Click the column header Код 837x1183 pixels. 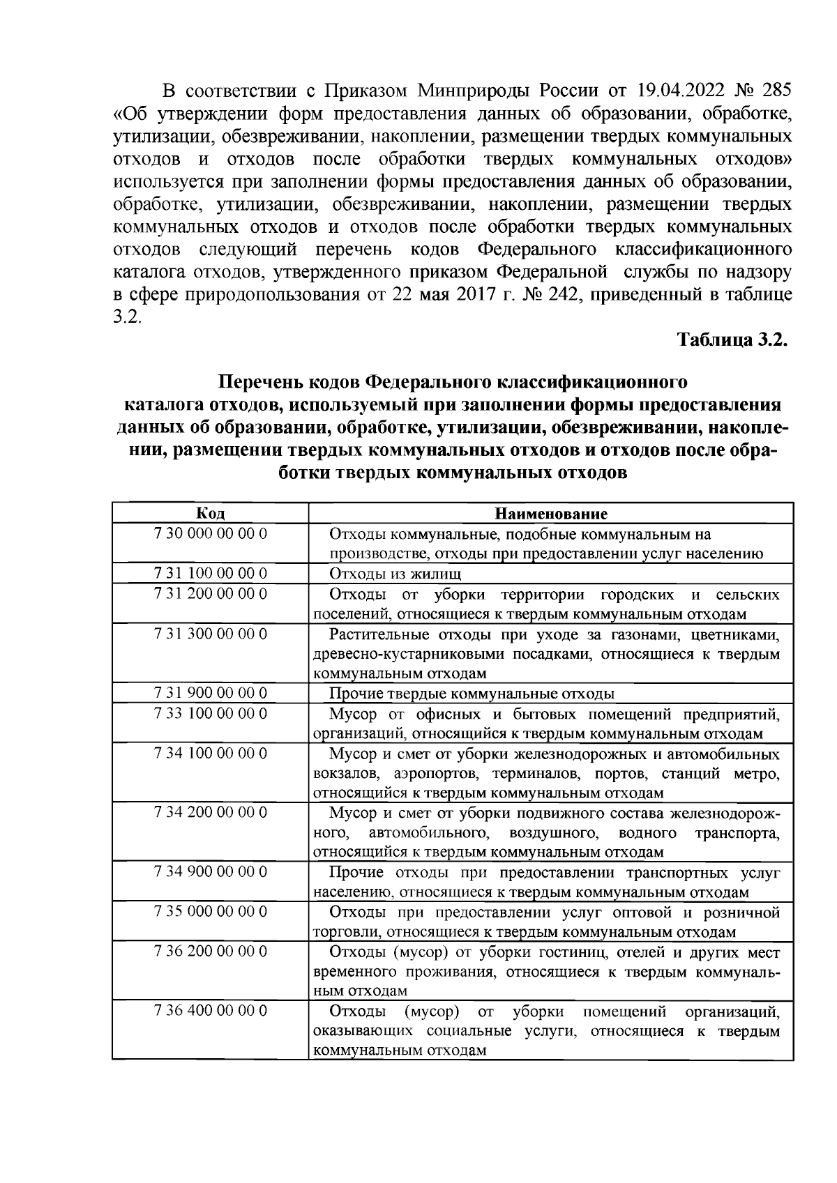point(210,514)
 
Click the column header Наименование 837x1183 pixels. point(551,514)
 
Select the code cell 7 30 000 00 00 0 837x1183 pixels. point(210,534)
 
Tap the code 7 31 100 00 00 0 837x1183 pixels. point(210,574)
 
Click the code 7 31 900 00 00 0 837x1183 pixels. point(210,693)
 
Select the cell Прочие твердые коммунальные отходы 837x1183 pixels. point(472,694)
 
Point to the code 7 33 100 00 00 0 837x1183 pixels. point(210,713)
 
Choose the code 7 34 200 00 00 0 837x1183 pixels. point(210,812)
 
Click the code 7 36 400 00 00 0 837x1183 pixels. point(210,1011)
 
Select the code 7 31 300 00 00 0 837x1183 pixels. point(210,634)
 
